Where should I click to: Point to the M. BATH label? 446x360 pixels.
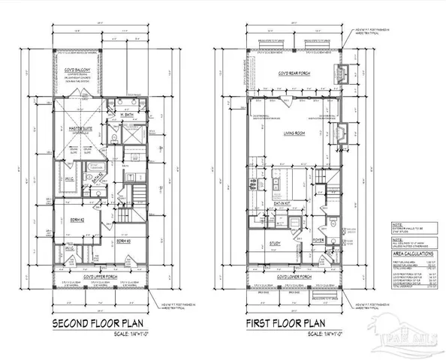(127, 115)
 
